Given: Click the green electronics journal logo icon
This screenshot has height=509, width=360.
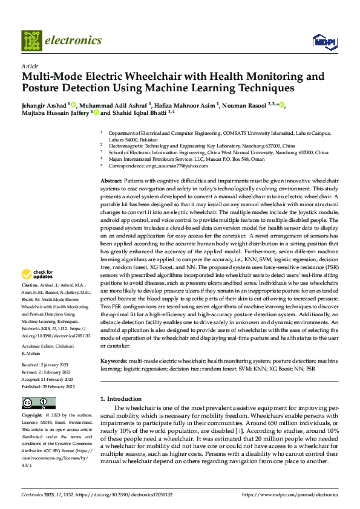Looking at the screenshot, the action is click(x=31, y=40).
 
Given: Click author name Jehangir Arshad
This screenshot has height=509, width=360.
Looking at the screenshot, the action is click(x=44, y=105).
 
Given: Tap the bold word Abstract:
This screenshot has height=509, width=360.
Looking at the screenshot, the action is click(x=110, y=181).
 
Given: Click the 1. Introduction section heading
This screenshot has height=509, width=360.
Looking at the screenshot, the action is click(x=120, y=399).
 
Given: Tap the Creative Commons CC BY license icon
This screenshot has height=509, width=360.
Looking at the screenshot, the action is click(x=39, y=403).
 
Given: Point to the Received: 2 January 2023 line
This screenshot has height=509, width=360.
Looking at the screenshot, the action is click(x=45, y=365).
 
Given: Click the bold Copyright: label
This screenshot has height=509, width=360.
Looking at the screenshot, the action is click(x=33, y=416).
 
